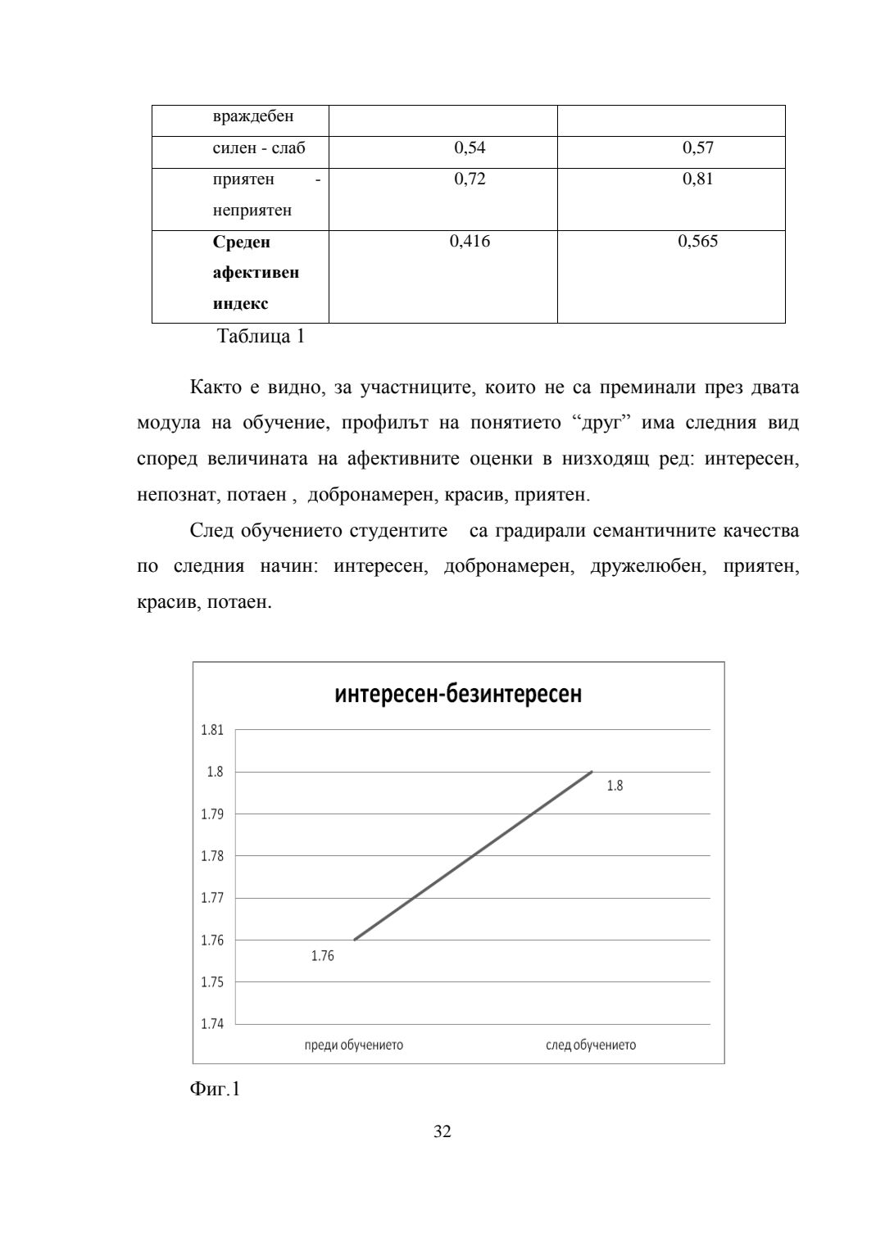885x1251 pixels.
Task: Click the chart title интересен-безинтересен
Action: [458, 695]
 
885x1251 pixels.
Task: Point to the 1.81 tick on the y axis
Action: [212, 730]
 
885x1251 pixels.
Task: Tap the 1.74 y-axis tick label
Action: [212, 1024]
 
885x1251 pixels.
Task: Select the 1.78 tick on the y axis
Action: [212, 856]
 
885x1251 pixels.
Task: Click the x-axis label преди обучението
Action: [353, 1045]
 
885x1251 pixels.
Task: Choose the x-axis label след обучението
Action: [591, 1045]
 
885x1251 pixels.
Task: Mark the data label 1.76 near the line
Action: [323, 956]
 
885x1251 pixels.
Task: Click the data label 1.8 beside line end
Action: [615, 786]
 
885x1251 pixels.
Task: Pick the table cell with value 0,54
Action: [470, 148]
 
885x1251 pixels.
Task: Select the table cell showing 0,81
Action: [697, 179]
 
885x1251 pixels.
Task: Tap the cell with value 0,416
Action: [470, 241]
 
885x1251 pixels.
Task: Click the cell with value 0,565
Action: [697, 241]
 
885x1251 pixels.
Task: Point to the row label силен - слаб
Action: [259, 148]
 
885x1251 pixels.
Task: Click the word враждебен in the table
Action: [253, 116]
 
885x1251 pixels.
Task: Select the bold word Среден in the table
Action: [241, 242]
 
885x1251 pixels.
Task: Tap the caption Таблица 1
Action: [261, 336]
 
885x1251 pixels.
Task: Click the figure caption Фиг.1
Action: [215, 1089]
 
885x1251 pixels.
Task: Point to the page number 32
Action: [442, 1131]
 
